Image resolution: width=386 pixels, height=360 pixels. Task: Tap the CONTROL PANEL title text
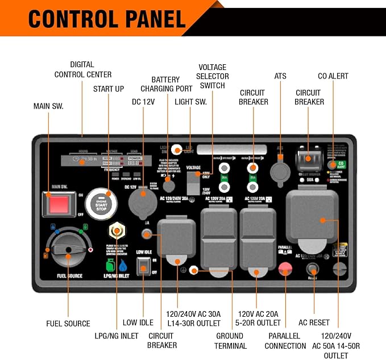coord(107,19)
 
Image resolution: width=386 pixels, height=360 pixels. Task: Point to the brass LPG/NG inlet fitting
coord(117,230)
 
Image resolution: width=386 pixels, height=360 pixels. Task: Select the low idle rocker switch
coord(143,266)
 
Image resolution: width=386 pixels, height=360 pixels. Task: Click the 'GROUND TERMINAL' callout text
coord(231,341)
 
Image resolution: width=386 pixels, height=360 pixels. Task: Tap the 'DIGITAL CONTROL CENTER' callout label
coord(83,69)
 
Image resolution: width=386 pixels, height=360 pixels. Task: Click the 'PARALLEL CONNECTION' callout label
coord(285,341)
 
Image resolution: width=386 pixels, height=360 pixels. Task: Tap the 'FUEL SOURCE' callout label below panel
coord(68,324)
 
